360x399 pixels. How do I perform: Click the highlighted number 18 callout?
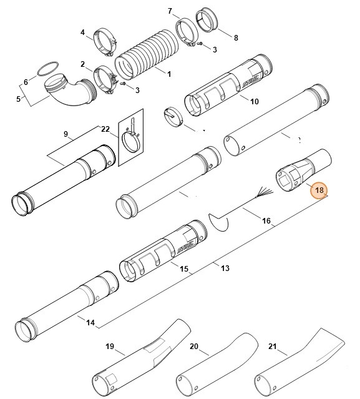coord(319,190)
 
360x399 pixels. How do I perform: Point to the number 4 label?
coord(82,32)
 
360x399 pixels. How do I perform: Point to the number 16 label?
coord(266,220)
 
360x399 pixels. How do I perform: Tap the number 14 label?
coord(90,323)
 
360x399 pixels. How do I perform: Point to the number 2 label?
coord(82,64)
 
